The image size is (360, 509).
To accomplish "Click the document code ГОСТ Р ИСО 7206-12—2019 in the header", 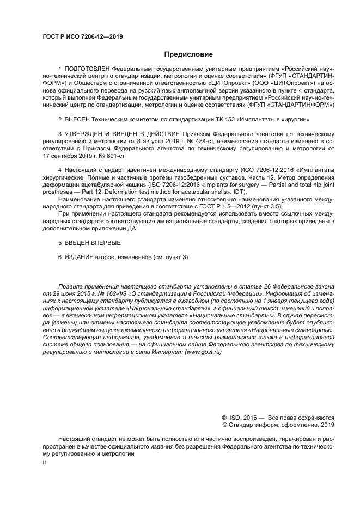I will coord(82,37).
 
